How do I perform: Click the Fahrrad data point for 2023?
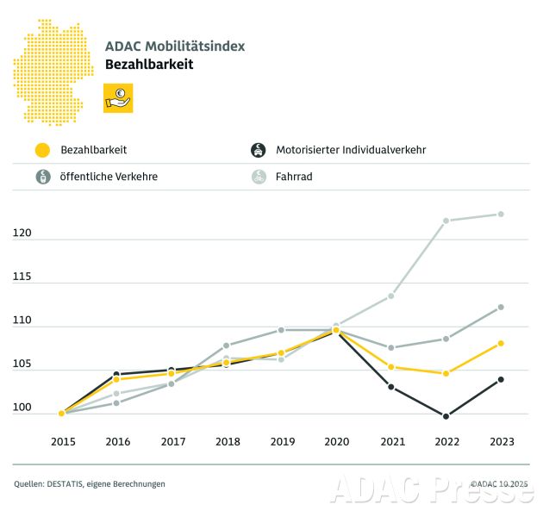pyautogui.click(x=501, y=214)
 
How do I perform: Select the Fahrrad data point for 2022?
pyautogui.click(x=446, y=221)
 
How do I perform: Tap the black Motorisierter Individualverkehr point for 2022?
pyautogui.click(x=446, y=416)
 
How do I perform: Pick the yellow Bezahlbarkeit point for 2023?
pyautogui.click(x=501, y=343)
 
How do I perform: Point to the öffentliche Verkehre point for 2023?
pyautogui.click(x=501, y=307)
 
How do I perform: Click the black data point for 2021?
pyautogui.click(x=390, y=387)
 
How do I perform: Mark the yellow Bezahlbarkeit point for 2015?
pyautogui.click(x=62, y=413)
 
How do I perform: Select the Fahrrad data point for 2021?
pyautogui.click(x=390, y=296)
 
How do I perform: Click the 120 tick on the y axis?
pyautogui.click(x=22, y=234)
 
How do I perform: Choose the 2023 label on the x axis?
pyautogui.click(x=501, y=441)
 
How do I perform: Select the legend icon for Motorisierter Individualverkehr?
pyautogui.click(x=257, y=150)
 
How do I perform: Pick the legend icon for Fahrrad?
pyautogui.click(x=257, y=177)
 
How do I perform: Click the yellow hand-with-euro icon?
pyautogui.click(x=118, y=98)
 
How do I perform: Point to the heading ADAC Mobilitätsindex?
pyautogui.click(x=173, y=46)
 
